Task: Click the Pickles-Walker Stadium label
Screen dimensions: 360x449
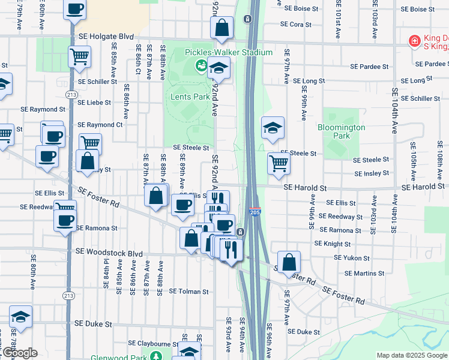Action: (x=229, y=52)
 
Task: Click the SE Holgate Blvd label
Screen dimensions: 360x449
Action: (x=106, y=37)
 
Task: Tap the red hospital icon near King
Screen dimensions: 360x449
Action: (x=414, y=41)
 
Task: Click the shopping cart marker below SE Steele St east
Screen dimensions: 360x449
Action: (x=279, y=163)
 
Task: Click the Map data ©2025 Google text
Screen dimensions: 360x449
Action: (x=411, y=355)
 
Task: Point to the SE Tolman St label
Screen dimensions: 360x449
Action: (x=188, y=292)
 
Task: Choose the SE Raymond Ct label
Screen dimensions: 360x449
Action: (x=100, y=125)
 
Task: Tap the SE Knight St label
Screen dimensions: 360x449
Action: (x=333, y=244)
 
